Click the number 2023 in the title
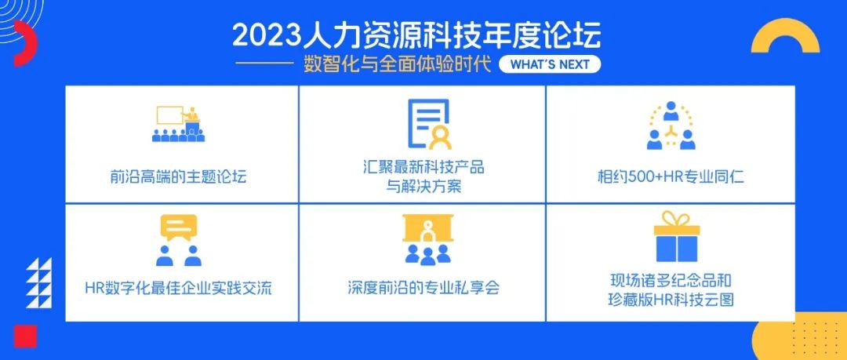pos(266,35)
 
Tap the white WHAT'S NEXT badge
pos(549,64)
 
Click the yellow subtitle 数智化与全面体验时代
pos(397,64)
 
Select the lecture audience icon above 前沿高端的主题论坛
pos(178,124)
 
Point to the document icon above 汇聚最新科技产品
pos(430,124)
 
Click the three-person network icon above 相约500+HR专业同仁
pos(671,125)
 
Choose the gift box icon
pos(677,238)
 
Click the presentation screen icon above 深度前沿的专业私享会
pos(428,239)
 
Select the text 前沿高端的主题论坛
pos(178,176)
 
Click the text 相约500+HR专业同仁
pos(671,176)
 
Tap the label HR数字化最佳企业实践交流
pos(178,288)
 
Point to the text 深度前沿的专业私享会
pos(424,288)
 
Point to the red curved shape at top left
pos(26,43)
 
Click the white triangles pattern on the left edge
pos(39,283)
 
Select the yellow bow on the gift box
pos(677,219)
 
